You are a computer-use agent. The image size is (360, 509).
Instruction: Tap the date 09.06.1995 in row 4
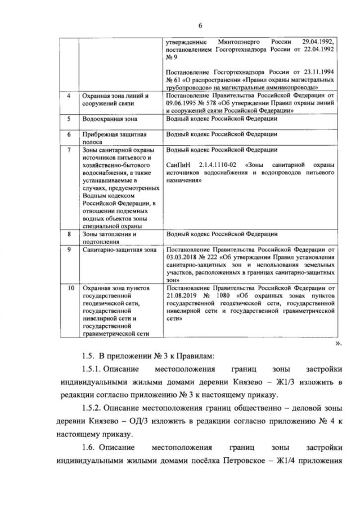pyautogui.click(x=183, y=103)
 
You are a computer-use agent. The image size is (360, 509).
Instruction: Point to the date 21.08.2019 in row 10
pyautogui.click(x=183, y=295)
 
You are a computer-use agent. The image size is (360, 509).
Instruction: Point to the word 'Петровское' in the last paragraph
pyautogui.click(x=253, y=462)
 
